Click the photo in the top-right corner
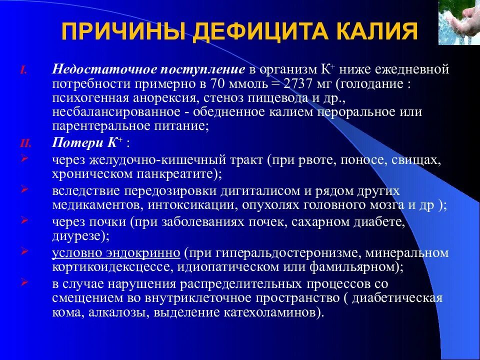[459, 22]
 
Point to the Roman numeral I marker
[22, 70]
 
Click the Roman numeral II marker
[25, 143]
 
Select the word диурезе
[74, 235]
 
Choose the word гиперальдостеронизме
[287, 253]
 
